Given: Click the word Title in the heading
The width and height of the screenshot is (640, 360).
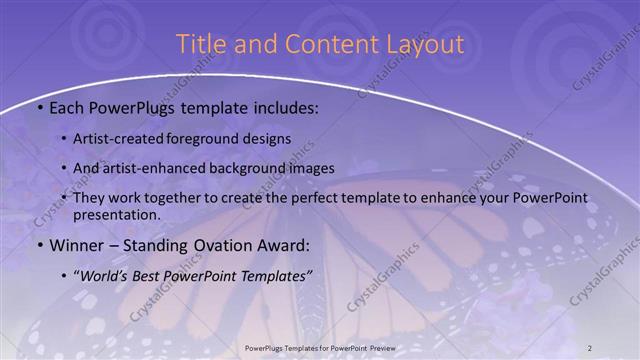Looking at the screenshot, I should click(200, 44).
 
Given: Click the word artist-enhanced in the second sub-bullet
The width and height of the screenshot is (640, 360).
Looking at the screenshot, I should click(156, 168).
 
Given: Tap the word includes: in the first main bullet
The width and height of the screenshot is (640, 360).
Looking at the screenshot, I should click(284, 108).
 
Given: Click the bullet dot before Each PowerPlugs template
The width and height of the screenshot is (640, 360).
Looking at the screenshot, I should click(39, 108).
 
